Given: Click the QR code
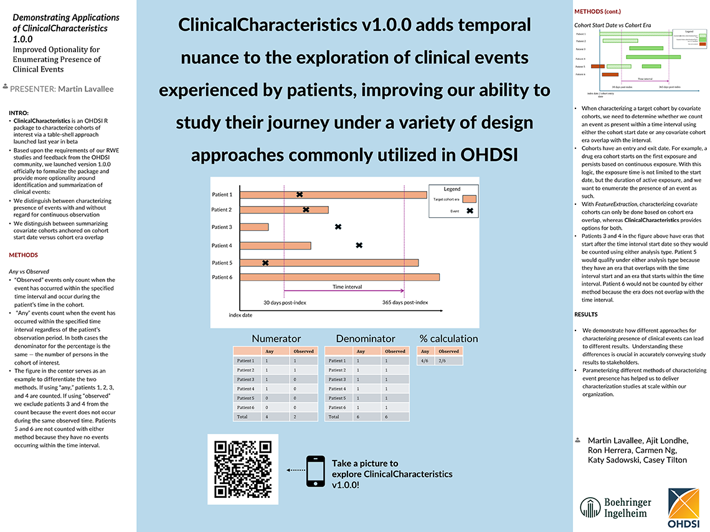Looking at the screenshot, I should tap(243, 469).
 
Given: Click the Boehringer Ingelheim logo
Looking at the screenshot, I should tap(615, 508).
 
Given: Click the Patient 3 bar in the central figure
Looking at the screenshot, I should tap(254, 227).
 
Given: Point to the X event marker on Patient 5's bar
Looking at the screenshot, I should tap(265, 263).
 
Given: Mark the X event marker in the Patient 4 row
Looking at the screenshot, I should tap(359, 245).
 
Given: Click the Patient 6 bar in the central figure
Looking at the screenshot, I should tap(339, 277).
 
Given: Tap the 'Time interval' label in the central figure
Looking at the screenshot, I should tap(347, 287).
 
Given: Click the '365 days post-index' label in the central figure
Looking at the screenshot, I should tap(405, 302).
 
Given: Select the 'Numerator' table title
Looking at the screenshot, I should tap(276, 338).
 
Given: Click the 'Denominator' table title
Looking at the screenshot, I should tap(366, 338).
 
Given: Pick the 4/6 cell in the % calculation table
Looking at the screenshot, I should tap(425, 360).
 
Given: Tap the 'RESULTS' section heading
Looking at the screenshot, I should tap(585, 314).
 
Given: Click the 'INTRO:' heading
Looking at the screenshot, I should tap(19, 113).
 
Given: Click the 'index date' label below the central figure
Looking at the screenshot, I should tap(240, 315).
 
